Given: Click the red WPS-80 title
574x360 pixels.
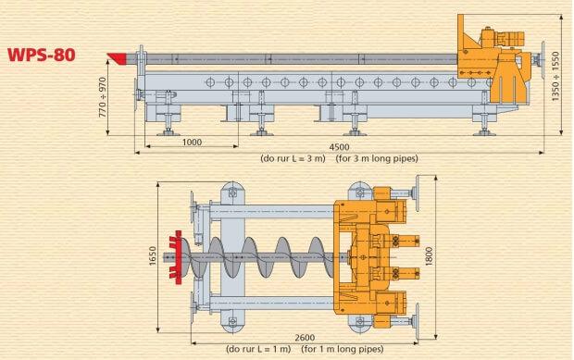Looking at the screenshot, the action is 42,55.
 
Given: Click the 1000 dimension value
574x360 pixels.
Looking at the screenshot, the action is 192,142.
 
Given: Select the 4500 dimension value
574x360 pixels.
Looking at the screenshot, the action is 339,147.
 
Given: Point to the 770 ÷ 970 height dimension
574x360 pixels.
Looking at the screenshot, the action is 103,97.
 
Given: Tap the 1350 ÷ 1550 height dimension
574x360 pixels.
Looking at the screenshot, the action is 555,77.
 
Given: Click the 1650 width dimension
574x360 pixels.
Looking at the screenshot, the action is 153,256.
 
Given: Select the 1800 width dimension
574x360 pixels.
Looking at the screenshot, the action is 429,256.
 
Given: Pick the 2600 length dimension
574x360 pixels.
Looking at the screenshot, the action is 305,337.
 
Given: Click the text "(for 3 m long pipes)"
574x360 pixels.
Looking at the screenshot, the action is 377,158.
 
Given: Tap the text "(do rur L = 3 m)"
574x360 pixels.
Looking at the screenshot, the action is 293,158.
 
